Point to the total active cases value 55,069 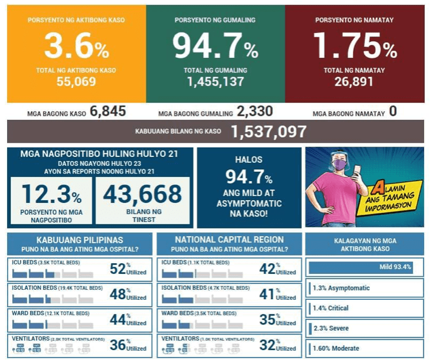pyautogui.click(x=76, y=82)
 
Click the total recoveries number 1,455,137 pyautogui.click(x=215, y=82)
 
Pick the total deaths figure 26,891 pyautogui.click(x=354, y=82)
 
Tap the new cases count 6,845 pyautogui.click(x=107, y=112)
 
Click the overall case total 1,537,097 pyautogui.click(x=269, y=132)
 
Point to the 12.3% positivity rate pyautogui.click(x=51, y=194)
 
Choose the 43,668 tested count pyautogui.click(x=142, y=194)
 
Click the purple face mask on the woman pyautogui.click(x=340, y=165)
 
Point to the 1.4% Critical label pyautogui.click(x=331, y=308)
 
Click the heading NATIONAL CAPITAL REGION pyautogui.click(x=229, y=240)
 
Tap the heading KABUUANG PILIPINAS pyautogui.click(x=80, y=240)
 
